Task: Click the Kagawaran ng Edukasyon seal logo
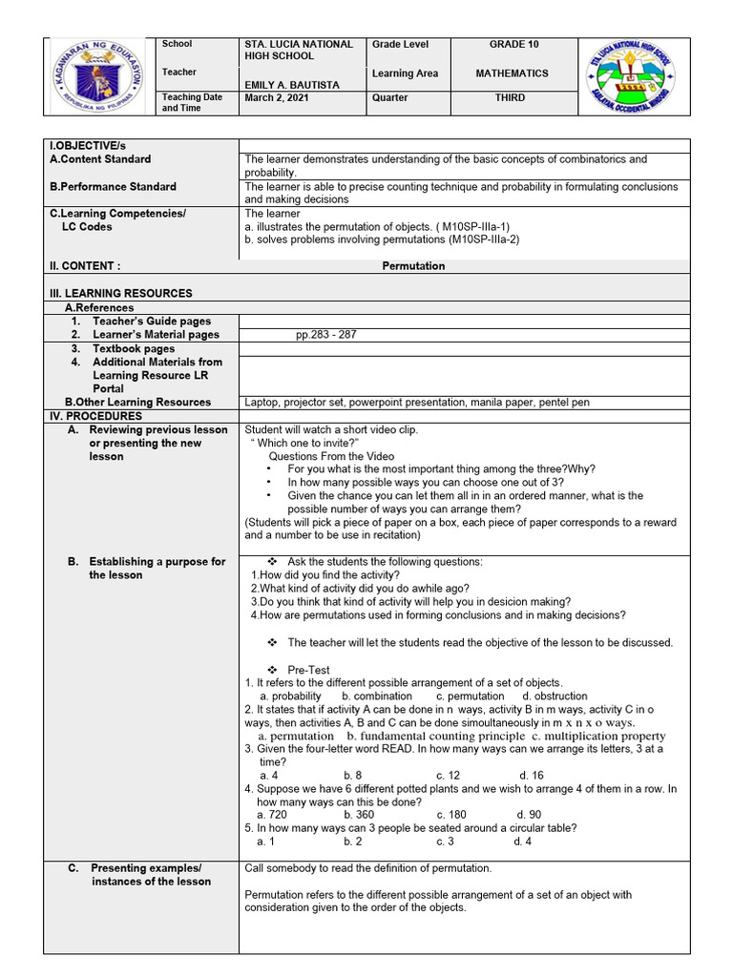pyautogui.click(x=100, y=77)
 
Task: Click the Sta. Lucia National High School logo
pyautogui.click(x=632, y=77)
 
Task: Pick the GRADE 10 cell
pyautogui.click(x=513, y=45)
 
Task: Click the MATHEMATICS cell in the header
pyautogui.click(x=513, y=73)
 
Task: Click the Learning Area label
pyautogui.click(x=406, y=73)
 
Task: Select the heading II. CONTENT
pyautogui.click(x=86, y=266)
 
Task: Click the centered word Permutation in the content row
pyautogui.click(x=413, y=266)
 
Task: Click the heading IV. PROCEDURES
pyautogui.click(x=95, y=416)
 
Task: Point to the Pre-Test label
pyautogui.click(x=308, y=670)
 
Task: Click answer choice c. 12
pyautogui.click(x=449, y=776)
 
